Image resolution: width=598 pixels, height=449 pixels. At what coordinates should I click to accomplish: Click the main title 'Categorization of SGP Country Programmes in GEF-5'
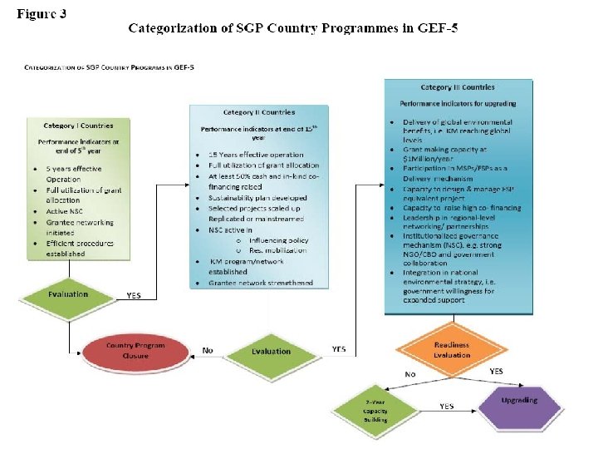click(x=292, y=28)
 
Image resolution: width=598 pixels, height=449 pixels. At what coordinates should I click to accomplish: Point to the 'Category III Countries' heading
click(x=458, y=87)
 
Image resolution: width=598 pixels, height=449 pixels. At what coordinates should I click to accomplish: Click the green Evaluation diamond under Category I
click(x=68, y=294)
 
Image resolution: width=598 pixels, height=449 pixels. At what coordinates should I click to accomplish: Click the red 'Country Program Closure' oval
click(x=135, y=350)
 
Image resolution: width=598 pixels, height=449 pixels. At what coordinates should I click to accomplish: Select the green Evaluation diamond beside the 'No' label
click(x=272, y=351)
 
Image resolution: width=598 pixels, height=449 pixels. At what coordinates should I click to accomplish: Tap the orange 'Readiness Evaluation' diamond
click(x=452, y=349)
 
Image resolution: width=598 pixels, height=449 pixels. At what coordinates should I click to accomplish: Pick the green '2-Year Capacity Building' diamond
click(x=375, y=411)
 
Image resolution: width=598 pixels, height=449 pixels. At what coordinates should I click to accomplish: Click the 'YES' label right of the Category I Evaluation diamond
click(x=134, y=295)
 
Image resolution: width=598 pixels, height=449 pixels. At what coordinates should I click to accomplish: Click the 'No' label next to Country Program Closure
click(x=207, y=350)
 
